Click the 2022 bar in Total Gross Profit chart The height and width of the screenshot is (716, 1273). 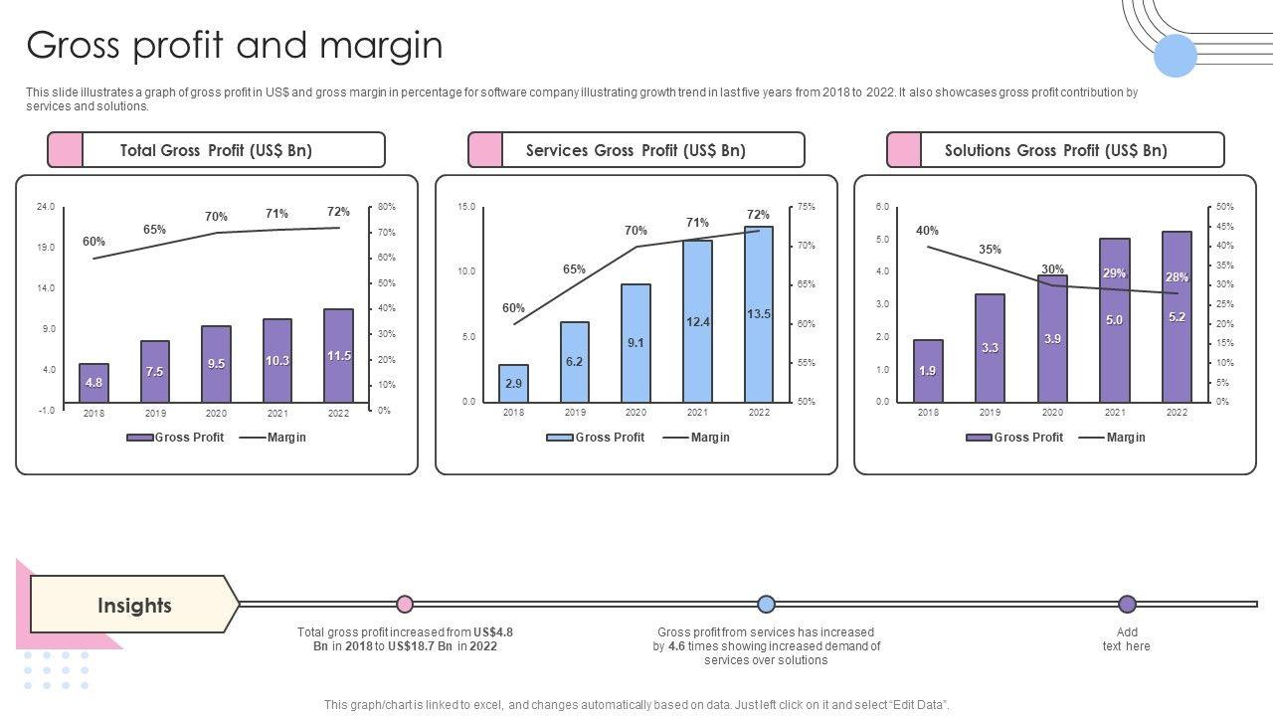pyautogui.click(x=339, y=356)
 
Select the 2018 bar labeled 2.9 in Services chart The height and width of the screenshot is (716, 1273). pyautogui.click(x=513, y=383)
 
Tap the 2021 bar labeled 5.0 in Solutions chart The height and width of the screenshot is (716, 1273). pyautogui.click(x=1114, y=319)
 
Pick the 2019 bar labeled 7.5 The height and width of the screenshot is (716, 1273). pyautogui.click(x=155, y=372)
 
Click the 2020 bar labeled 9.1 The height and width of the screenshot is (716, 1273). pyautogui.click(x=636, y=342)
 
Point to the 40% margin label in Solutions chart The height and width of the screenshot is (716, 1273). pyautogui.click(x=927, y=231)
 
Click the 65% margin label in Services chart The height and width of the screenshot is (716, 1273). pyautogui.click(x=574, y=269)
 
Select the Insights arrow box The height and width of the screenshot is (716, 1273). pyautogui.click(x=134, y=605)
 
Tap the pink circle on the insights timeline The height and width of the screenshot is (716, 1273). pyautogui.click(x=405, y=604)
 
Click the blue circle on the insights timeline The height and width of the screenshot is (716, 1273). pyautogui.click(x=766, y=604)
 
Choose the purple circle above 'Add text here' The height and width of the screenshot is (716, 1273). pyautogui.click(x=1127, y=604)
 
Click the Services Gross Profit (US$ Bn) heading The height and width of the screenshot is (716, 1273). pyautogui.click(x=636, y=150)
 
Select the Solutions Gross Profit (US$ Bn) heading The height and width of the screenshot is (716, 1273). pyautogui.click(x=1055, y=150)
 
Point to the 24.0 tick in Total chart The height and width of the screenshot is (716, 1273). pyautogui.click(x=46, y=207)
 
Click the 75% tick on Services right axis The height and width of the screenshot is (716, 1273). pyautogui.click(x=806, y=207)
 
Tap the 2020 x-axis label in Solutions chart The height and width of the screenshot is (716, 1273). pyautogui.click(x=1052, y=413)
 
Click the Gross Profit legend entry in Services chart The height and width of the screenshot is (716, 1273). pyautogui.click(x=596, y=438)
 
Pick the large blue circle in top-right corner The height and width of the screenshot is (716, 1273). pyautogui.click(x=1176, y=56)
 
